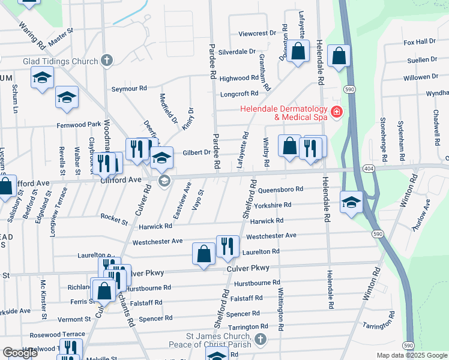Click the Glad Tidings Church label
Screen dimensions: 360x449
(61, 61)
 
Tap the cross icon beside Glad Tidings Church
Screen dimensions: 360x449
(107, 60)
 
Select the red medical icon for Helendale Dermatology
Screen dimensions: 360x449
(337, 112)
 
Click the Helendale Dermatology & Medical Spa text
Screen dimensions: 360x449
(284, 113)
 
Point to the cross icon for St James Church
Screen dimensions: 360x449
(260, 340)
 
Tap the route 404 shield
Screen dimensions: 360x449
(369, 170)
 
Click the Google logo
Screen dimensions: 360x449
(20, 353)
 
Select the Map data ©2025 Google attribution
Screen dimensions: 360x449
(412, 355)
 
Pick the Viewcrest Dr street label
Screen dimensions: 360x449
(257, 34)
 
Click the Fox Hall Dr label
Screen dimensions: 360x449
(420, 41)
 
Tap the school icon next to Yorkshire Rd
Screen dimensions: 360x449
(351, 202)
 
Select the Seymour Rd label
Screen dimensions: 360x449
(129, 88)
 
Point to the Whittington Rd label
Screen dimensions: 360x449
(280, 309)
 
